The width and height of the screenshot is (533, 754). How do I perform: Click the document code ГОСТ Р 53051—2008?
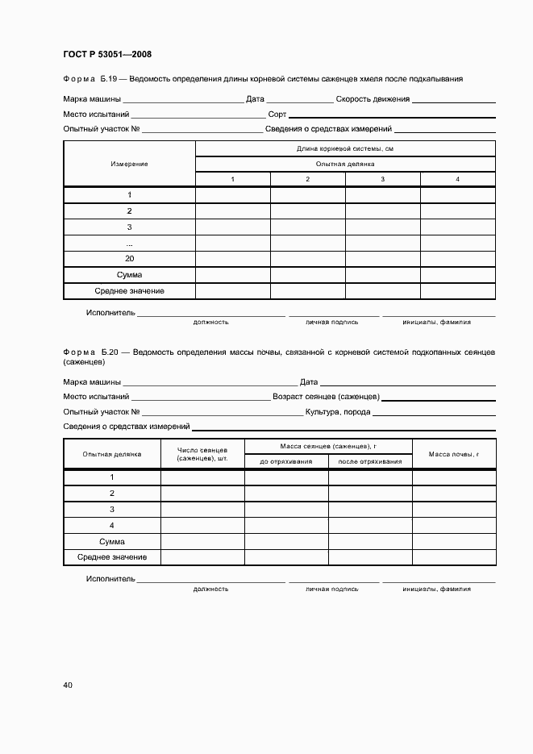(x=107, y=55)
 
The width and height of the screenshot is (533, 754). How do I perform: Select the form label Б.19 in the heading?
(x=109, y=79)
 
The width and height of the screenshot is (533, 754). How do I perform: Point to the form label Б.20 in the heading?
(x=109, y=352)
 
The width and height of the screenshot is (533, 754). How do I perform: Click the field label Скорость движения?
(x=373, y=100)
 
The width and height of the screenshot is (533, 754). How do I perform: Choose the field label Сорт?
(x=277, y=115)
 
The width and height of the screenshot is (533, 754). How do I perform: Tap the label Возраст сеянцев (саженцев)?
(x=327, y=397)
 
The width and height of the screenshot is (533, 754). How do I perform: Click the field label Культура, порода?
(x=338, y=412)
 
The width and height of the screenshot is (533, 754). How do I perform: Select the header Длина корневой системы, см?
(x=345, y=149)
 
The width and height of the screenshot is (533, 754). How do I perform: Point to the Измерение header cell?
(x=129, y=164)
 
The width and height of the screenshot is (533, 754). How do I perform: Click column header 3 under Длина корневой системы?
(x=382, y=179)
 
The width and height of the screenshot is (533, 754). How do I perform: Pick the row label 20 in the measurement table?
(x=129, y=259)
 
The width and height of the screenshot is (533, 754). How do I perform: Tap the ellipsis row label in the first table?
(x=129, y=243)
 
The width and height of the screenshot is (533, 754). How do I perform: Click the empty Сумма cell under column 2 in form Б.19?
(x=307, y=275)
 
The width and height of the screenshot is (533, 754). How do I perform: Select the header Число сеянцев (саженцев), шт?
(x=202, y=454)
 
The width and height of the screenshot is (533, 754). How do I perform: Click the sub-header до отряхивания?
(x=286, y=461)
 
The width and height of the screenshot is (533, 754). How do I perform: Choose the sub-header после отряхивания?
(x=370, y=461)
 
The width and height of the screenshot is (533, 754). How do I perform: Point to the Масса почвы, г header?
(x=453, y=454)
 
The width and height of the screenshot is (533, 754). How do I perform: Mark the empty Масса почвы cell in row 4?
(x=453, y=525)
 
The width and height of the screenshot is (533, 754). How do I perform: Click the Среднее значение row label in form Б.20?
(x=111, y=557)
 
